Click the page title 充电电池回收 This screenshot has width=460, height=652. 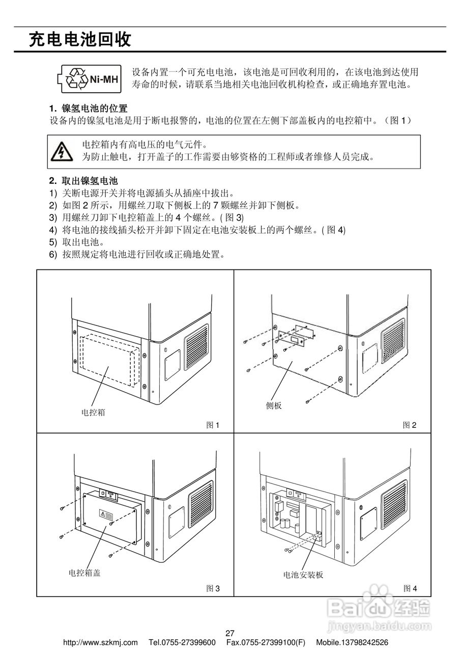click(80, 40)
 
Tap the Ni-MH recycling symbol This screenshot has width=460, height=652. click(90, 79)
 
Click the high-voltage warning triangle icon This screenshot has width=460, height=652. click(62, 152)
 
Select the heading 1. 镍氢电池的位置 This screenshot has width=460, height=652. click(88, 108)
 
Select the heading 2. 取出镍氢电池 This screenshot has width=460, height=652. click(83, 181)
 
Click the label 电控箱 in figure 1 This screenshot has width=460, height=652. click(93, 413)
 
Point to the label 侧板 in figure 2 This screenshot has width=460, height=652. click(274, 405)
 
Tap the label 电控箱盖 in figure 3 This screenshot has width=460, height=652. click(84, 573)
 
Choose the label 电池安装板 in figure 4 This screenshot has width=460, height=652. click(303, 575)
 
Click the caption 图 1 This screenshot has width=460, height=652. click(213, 425)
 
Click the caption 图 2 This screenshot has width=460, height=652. click(410, 425)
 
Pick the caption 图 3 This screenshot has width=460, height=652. click(213, 588)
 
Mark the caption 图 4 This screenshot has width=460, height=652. click(410, 588)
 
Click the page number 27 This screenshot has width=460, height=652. click(229, 634)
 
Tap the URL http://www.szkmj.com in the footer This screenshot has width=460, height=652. click(100, 643)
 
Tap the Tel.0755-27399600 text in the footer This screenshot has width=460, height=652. click(182, 643)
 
